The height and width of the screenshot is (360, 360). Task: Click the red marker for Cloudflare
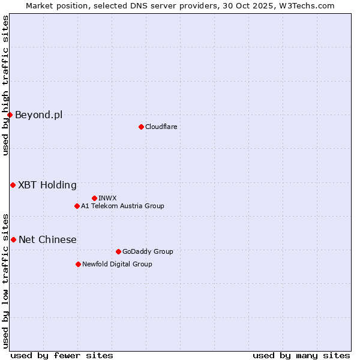(141, 127)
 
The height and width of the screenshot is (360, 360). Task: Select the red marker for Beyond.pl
(10, 115)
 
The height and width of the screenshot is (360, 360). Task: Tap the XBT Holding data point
(13, 185)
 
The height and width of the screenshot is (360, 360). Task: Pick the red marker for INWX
(94, 198)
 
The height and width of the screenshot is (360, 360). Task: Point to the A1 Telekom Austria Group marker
(77, 206)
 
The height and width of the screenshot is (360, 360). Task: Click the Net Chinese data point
(13, 239)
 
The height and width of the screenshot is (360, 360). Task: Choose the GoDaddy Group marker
(118, 251)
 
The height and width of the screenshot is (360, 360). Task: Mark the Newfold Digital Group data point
(78, 264)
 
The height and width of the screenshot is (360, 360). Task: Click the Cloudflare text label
(161, 127)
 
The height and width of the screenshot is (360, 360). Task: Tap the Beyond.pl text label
(38, 115)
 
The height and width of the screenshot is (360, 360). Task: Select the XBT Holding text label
(47, 185)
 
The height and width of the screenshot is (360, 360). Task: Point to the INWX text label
(107, 198)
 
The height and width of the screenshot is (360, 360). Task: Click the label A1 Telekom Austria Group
(122, 206)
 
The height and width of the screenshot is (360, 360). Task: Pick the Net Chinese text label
(47, 239)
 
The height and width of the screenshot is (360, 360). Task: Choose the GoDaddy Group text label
(148, 251)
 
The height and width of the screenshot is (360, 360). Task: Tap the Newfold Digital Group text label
(117, 264)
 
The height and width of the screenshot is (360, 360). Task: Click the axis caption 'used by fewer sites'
(62, 355)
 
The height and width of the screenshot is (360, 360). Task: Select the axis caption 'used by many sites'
(301, 355)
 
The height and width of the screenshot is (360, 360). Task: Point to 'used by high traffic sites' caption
(5, 85)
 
